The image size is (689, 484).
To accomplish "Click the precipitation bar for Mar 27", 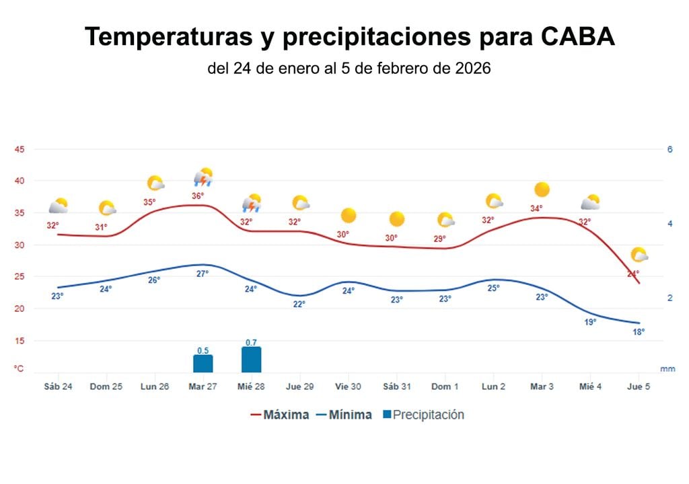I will tap(203, 364).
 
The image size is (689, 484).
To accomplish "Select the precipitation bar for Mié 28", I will tap(251, 360).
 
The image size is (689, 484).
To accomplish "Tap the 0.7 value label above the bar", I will tap(251, 343).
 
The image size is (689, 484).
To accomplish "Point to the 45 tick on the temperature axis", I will tap(20, 149).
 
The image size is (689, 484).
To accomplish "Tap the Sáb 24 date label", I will tap(58, 387).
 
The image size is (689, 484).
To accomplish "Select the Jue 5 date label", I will tap(639, 387).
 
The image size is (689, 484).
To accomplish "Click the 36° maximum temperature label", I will tap(198, 196).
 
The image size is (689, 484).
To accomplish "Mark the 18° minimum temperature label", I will tap(639, 332).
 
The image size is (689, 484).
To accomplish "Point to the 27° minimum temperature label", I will tap(203, 274).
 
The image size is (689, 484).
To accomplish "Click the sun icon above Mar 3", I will tap(542, 190).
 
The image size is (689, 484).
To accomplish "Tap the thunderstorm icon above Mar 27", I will tap(203, 178).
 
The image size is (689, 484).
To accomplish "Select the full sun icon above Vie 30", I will tap(349, 216).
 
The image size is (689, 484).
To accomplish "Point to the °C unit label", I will tap(20, 368).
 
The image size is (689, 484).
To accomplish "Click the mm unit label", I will tap(667, 369).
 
